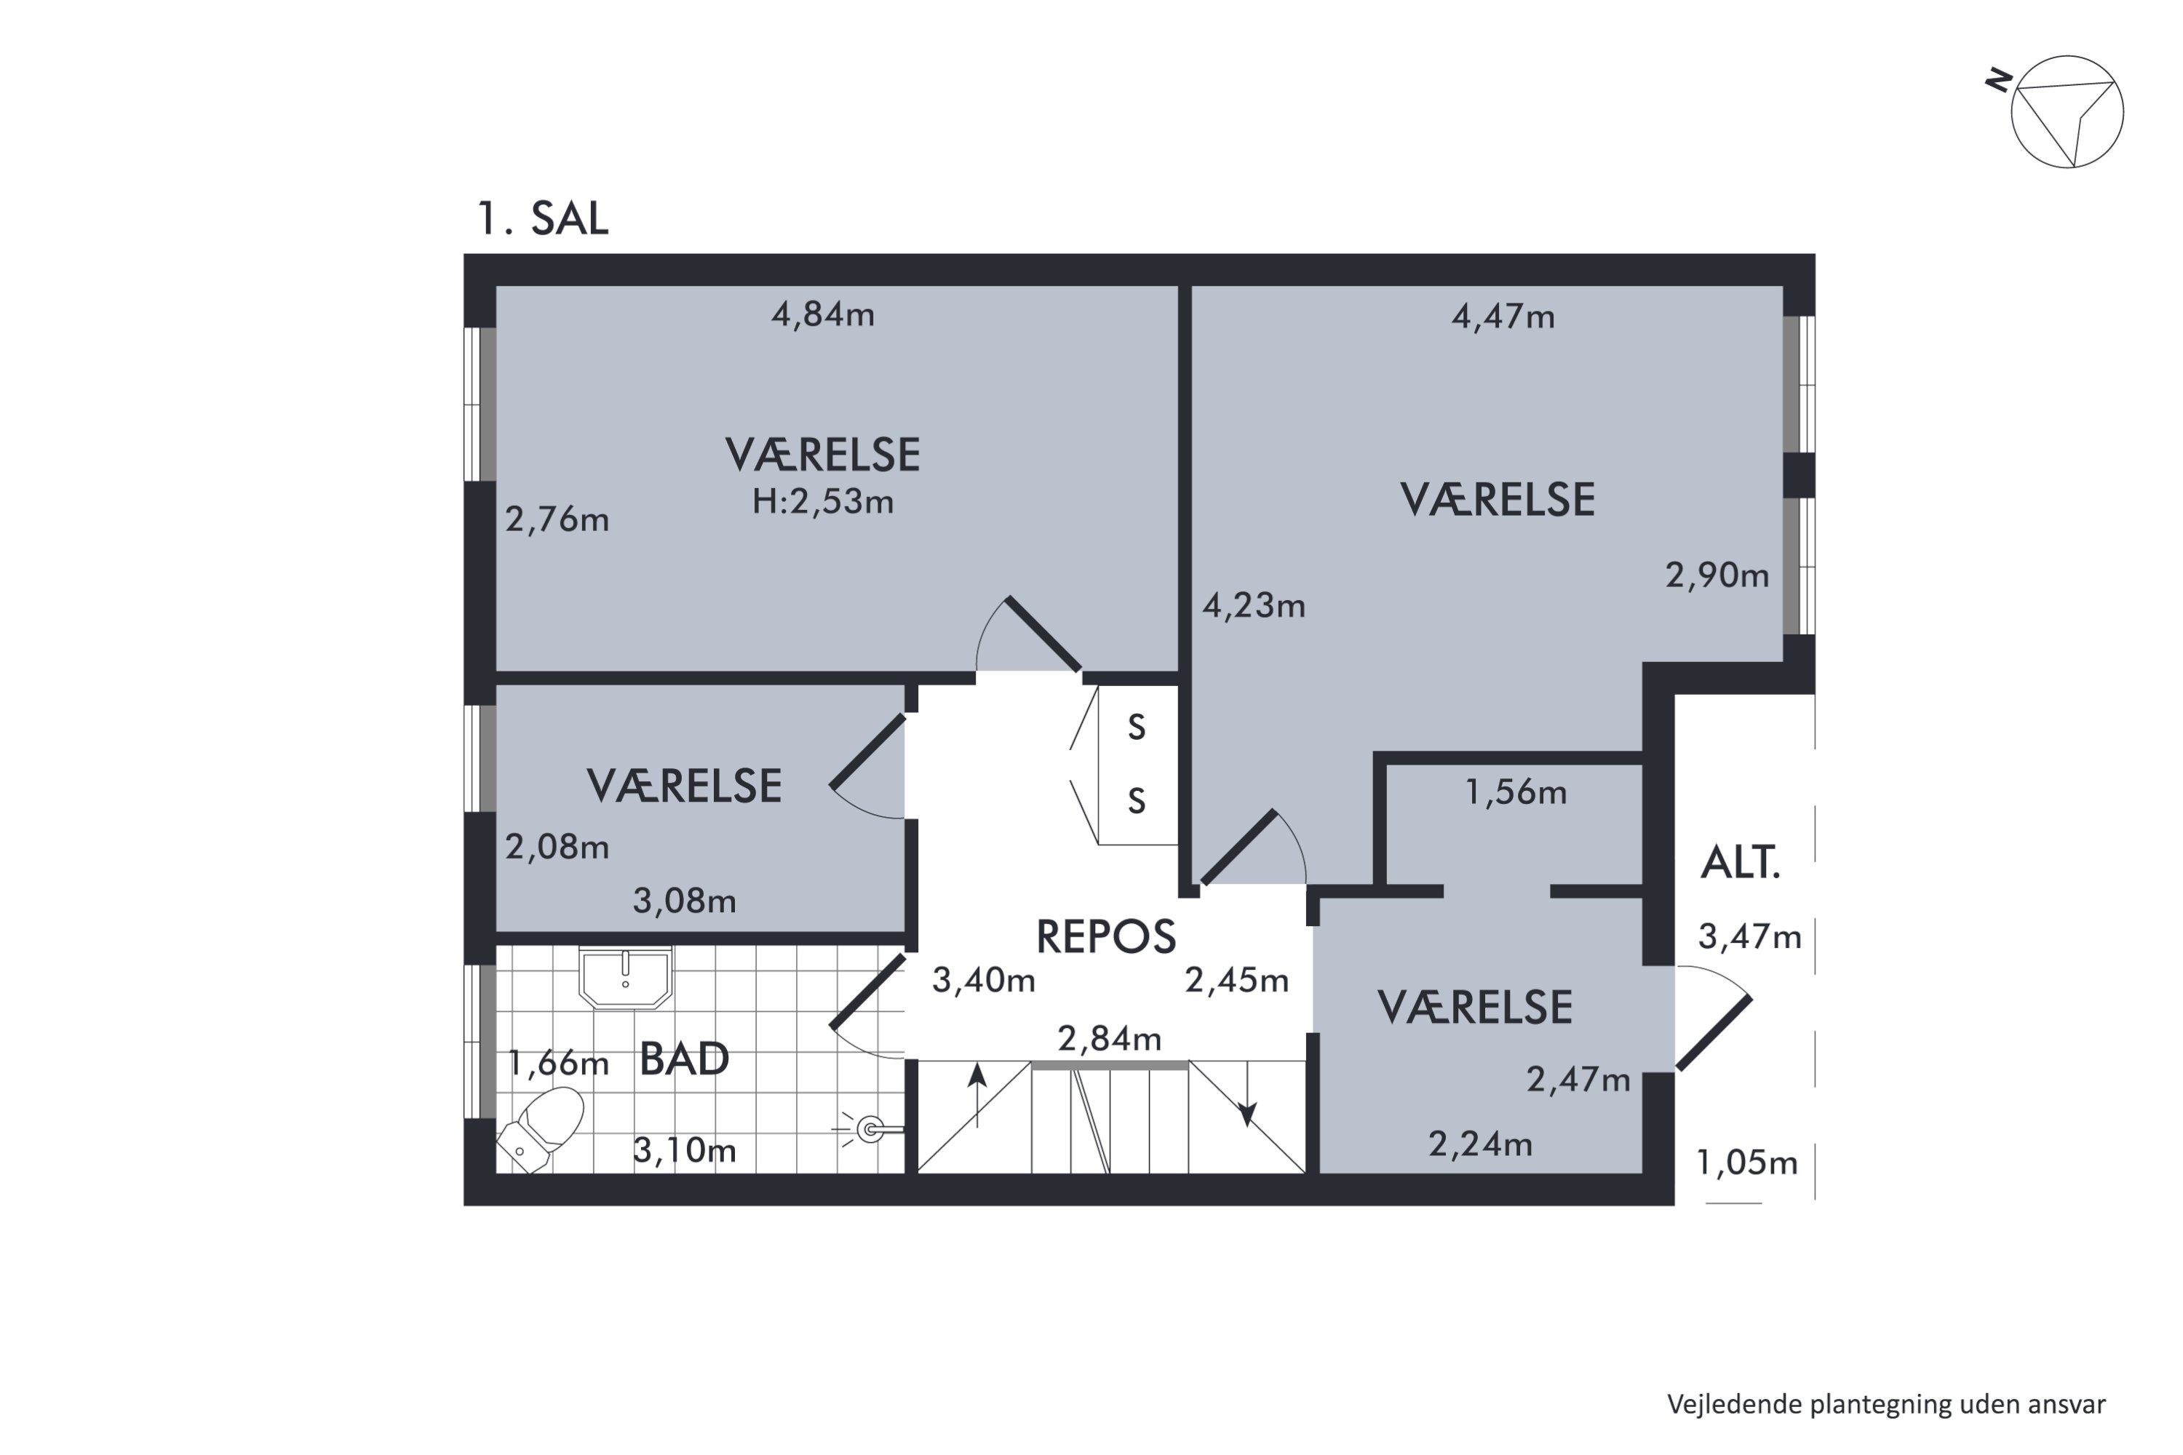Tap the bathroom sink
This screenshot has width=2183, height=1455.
click(x=626, y=977)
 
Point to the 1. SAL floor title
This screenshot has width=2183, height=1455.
click(x=543, y=219)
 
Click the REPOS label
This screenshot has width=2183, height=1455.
click(x=1105, y=937)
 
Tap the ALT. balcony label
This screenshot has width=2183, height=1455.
click(x=1741, y=863)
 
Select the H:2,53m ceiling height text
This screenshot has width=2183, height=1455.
click(x=822, y=502)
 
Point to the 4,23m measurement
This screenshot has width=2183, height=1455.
click(x=1254, y=606)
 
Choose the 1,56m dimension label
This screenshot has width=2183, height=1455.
click(x=1516, y=792)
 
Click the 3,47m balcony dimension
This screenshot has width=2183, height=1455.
click(x=1749, y=937)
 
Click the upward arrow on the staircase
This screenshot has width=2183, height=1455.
click(x=977, y=1096)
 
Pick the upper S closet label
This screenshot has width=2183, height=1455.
click(x=1136, y=727)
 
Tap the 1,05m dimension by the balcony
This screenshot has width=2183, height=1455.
click(x=1747, y=1163)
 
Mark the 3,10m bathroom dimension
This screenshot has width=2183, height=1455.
click(x=685, y=1151)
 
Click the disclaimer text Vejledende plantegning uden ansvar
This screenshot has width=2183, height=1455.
click(x=1886, y=1405)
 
